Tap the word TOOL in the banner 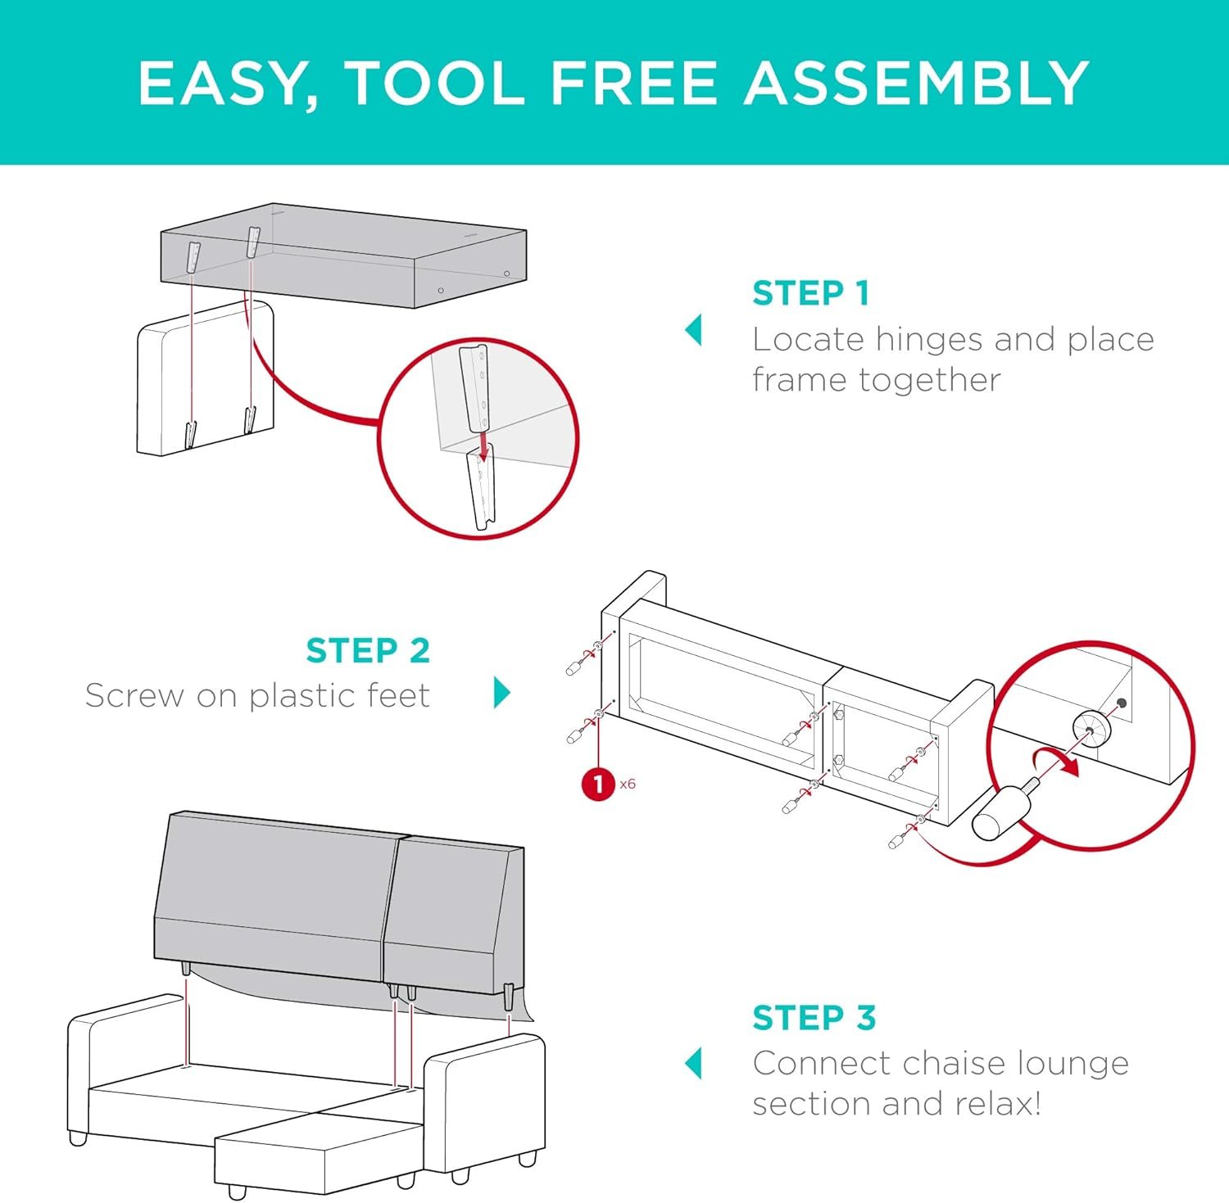434,84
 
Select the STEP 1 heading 810,293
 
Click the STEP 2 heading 368,651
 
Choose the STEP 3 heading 814,1018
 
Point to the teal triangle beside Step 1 693,330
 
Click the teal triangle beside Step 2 502,693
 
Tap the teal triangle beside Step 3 693,1063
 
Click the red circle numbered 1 598,784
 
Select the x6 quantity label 628,785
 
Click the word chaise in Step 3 946,1064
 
